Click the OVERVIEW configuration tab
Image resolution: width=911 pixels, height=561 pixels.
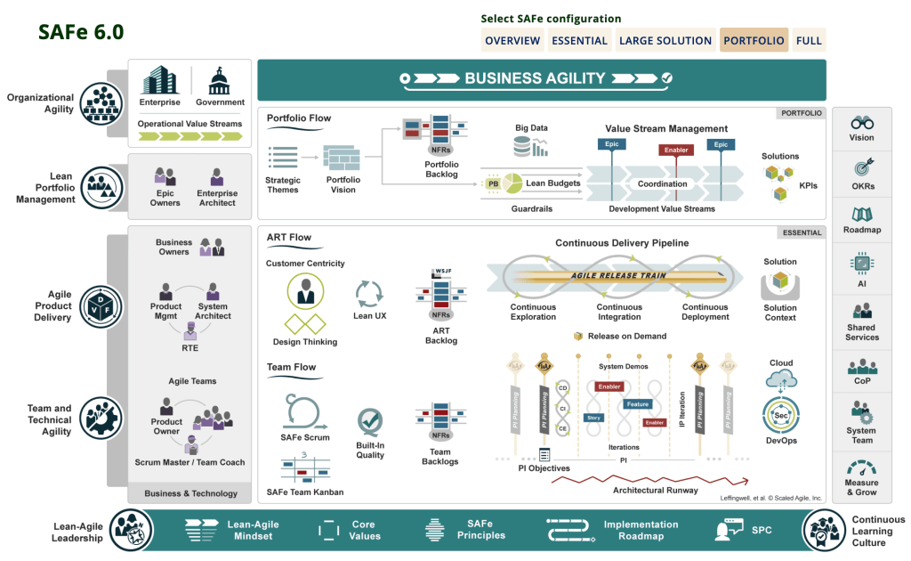point(512,40)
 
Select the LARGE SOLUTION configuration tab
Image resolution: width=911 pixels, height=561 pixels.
point(665,40)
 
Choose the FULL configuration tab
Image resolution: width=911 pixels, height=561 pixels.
point(809,40)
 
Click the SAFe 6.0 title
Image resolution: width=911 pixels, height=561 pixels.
point(81,32)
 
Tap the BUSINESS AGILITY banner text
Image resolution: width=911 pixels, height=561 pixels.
point(535,78)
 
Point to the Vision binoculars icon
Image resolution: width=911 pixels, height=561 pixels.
point(861,123)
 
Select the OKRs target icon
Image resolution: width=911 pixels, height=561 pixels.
point(861,167)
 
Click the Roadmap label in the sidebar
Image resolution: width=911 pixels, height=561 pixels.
point(861,230)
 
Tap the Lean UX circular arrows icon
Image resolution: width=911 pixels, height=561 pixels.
point(367,293)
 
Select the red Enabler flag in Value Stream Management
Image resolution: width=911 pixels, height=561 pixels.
point(676,150)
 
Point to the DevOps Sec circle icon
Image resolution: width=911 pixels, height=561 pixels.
point(781,415)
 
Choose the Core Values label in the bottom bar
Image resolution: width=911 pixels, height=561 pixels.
point(363,530)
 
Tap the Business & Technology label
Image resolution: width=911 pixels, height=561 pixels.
point(191,493)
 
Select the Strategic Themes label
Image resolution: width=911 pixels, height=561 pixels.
point(283,185)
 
